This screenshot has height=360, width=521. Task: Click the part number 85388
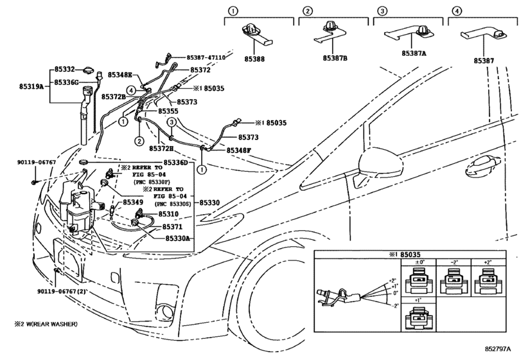pos(254,59)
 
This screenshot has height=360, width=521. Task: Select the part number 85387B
pos(335,58)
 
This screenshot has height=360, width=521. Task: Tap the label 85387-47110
pos(206,57)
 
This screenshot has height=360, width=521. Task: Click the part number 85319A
pos(31,86)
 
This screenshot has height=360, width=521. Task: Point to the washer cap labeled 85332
pos(89,70)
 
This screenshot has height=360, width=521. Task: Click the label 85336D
pos(176,163)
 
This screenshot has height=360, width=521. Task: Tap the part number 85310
pos(168,214)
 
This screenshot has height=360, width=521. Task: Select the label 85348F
pos(238,150)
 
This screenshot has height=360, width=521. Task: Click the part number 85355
pos(168,111)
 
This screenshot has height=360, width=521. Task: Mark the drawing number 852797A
pos(497,348)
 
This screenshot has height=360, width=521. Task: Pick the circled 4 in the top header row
pos(457,11)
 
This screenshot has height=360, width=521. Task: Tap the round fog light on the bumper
pos(166,311)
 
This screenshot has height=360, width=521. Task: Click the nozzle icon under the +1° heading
pos(419,318)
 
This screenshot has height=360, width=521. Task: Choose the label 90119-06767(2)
pos(62,291)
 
